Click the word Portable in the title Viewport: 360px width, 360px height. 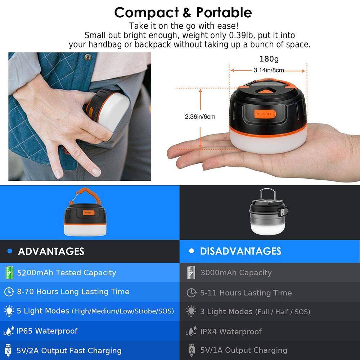click(224, 12)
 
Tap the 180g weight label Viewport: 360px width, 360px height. click(269, 59)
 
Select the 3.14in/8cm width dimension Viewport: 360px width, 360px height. click(269, 70)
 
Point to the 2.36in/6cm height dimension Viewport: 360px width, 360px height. click(200, 117)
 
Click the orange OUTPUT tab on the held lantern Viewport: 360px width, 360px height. click(265, 114)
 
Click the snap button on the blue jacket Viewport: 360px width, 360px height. click(88, 57)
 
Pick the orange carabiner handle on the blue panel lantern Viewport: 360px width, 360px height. click(85, 196)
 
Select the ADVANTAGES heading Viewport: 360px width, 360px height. click(51, 251)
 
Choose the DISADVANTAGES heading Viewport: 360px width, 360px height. click(240, 251)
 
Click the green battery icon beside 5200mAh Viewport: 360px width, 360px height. click(9, 273)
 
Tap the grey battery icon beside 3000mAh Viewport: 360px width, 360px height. click(191, 273)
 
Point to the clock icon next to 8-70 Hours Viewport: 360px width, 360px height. click(9, 292)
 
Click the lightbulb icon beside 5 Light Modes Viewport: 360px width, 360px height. click(9, 311)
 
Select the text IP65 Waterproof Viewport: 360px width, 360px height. click(47, 331)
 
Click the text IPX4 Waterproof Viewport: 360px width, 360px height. click(231, 332)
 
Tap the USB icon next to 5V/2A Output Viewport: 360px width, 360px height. click(8, 351)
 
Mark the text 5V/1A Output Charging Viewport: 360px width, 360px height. click(244, 350)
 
